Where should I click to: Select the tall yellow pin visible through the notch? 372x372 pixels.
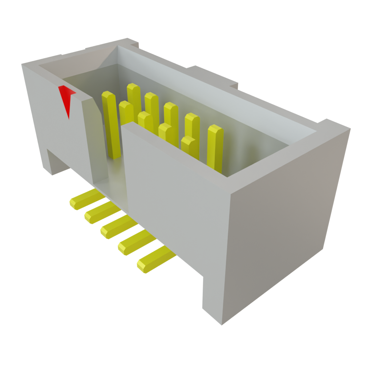click(x=110, y=124)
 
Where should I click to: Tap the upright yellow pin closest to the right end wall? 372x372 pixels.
click(x=214, y=147)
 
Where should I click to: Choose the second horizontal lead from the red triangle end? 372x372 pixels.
click(x=100, y=213)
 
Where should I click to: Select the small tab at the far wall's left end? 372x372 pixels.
click(x=131, y=43)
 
